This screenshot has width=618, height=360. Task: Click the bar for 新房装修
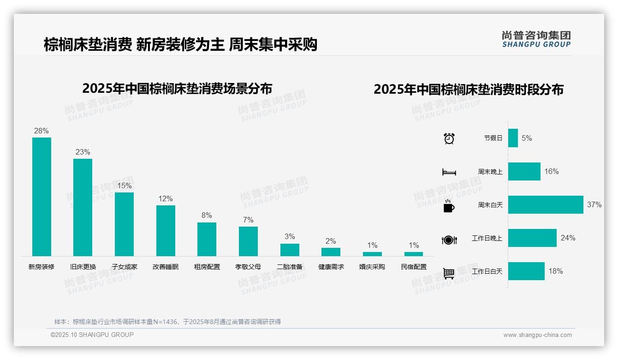[x=42, y=197]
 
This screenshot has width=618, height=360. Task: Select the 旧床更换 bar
[x=83, y=207]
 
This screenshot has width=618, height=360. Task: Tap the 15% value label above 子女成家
[x=124, y=186]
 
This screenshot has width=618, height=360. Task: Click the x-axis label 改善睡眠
[x=166, y=267]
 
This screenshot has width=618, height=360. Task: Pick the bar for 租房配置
[x=207, y=239]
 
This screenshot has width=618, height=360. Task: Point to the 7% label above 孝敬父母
[x=248, y=220]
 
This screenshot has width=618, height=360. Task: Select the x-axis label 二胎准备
[x=290, y=267]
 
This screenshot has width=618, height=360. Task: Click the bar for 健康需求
[x=331, y=252]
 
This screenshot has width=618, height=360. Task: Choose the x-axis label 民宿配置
[x=414, y=267]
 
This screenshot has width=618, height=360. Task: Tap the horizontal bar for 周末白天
[x=546, y=204]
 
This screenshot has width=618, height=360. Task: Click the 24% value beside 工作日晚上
[x=568, y=238]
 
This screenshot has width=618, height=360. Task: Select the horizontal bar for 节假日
[x=513, y=138]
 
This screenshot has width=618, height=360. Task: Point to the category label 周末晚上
[x=490, y=171]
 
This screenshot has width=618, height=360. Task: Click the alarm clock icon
[x=449, y=138]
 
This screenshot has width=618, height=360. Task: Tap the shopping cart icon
[x=449, y=273]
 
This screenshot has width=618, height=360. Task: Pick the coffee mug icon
[x=449, y=206]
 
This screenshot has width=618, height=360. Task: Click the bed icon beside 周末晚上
[x=449, y=172]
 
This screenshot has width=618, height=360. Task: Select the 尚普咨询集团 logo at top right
[x=536, y=39]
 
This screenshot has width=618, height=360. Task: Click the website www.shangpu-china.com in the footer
[x=537, y=335]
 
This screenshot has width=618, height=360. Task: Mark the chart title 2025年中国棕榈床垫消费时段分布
[x=469, y=89]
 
